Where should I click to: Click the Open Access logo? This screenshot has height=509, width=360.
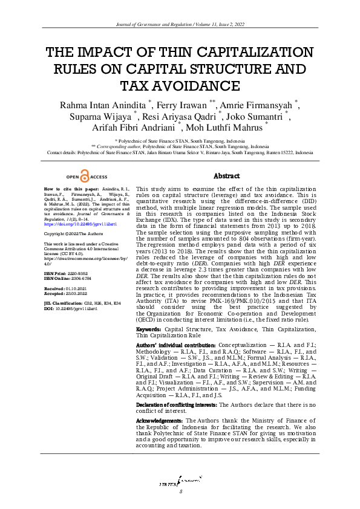(x=87, y=177)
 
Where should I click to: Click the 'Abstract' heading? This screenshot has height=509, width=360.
(x=227, y=176)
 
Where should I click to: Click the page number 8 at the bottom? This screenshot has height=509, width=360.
(x=180, y=491)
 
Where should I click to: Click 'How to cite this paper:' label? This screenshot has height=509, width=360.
(x=64, y=189)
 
